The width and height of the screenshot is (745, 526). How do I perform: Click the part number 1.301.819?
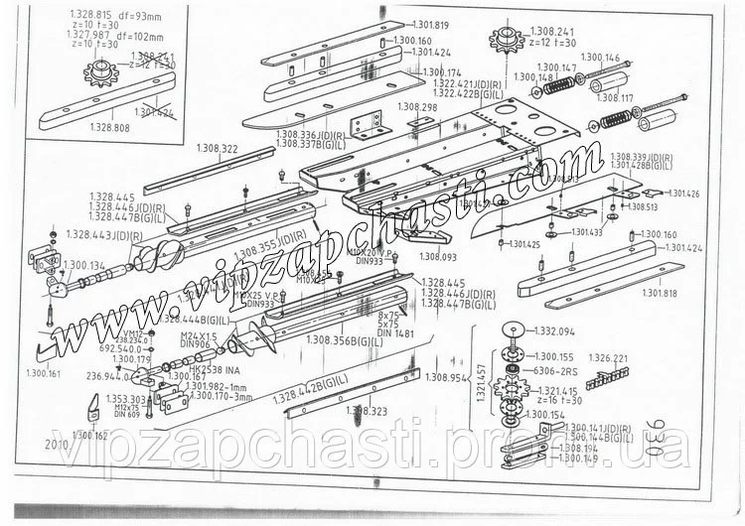pos(428,25)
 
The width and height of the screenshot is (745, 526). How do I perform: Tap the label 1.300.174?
pos(442,73)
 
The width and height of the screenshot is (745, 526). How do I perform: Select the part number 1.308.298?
pos(417,106)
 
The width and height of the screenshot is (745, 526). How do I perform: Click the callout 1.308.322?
pos(218,148)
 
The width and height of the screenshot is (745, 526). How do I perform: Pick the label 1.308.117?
pos(613,98)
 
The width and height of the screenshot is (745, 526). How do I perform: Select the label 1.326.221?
pos(608,357)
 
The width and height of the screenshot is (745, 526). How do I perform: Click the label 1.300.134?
pos(83,266)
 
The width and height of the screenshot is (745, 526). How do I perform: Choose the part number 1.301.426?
pos(682,193)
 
